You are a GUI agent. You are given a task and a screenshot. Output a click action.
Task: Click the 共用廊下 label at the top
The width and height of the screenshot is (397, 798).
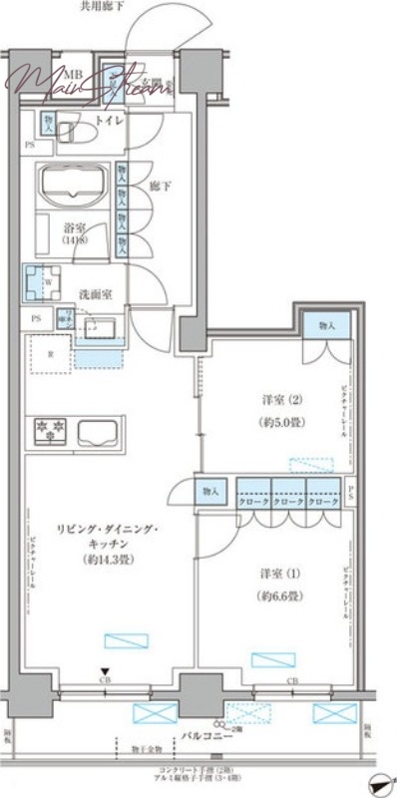tap(103, 7)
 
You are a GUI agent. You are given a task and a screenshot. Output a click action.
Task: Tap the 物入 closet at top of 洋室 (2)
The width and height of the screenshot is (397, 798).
tap(327, 325)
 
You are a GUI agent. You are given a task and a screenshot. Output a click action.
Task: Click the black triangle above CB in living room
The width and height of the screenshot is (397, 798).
tap(103, 671)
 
